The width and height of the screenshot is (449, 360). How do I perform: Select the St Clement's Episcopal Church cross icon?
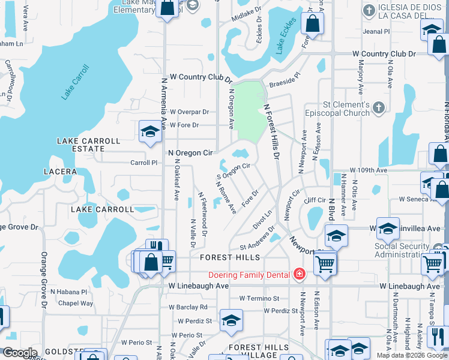(x=378, y=107)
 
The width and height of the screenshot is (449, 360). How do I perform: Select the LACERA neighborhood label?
(x=60, y=172)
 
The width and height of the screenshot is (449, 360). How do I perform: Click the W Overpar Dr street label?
(x=189, y=112)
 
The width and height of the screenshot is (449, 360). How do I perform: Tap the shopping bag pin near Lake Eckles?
(x=312, y=24)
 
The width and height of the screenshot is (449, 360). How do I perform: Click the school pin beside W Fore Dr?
(x=149, y=133)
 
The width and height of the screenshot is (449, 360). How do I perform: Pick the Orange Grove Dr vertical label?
(x=44, y=280)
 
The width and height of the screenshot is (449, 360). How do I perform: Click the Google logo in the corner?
(x=20, y=353)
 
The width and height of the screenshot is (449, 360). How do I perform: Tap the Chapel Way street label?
(x=76, y=303)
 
